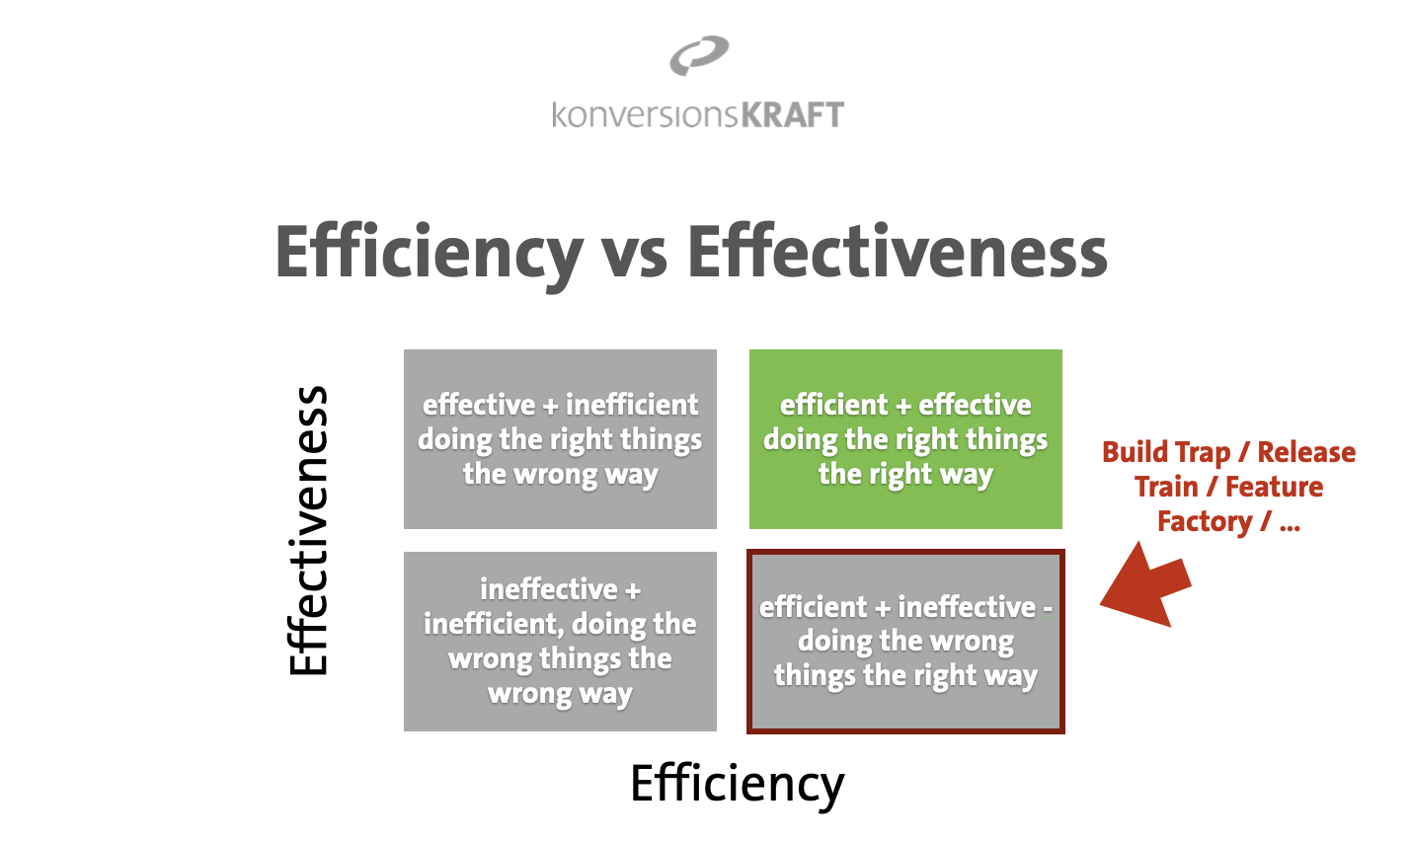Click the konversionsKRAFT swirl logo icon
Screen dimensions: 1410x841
point(699,55)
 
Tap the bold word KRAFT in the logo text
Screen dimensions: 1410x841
point(792,115)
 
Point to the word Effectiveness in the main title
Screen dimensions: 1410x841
point(898,251)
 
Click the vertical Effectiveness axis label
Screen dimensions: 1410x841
point(308,530)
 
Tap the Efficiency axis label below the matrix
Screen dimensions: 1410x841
point(738,785)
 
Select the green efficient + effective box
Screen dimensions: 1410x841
point(905,438)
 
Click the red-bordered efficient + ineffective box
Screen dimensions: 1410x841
point(905,642)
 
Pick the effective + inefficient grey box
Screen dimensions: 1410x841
point(560,438)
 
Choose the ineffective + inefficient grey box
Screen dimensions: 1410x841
point(560,642)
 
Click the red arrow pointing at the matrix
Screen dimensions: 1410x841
point(1144,585)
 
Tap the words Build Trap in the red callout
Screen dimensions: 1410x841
point(1166,453)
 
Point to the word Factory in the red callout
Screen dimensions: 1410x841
point(1205,522)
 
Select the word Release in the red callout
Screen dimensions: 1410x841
point(1306,452)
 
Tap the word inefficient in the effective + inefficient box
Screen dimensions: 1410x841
point(632,405)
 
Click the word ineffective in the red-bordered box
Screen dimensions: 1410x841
point(967,607)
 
